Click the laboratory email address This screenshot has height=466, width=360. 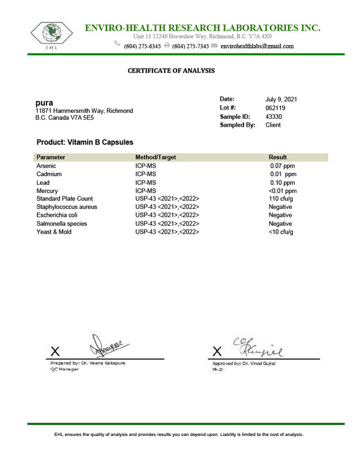tap(257, 46)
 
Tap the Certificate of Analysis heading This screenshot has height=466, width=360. tap(171, 71)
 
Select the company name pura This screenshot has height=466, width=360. tap(44, 103)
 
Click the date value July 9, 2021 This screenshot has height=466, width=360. tap(281, 99)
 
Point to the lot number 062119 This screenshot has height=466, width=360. tap(275, 107)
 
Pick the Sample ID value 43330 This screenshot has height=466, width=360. tap(274, 116)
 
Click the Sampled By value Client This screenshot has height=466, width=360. tap(273, 125)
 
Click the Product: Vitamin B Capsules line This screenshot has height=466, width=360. tap(85, 142)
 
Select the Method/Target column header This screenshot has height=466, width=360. tap(155, 157)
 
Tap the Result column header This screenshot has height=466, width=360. tap(278, 157)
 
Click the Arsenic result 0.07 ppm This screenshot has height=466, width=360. tap(282, 165)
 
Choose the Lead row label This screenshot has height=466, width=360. tap(43, 182)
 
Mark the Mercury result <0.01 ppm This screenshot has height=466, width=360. tap(282, 190)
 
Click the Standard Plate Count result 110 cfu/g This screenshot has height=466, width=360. tap(280, 199)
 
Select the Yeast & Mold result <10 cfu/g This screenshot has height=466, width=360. tap(280, 232)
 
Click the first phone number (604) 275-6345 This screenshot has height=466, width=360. tap(142, 46)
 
